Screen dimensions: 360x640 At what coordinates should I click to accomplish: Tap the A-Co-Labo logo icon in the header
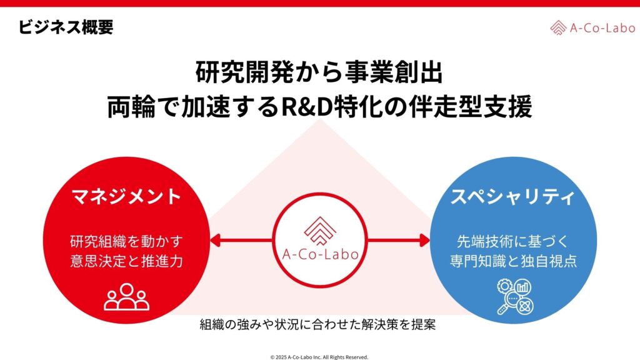click(558, 27)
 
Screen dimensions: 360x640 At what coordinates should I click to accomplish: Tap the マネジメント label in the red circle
click(127, 197)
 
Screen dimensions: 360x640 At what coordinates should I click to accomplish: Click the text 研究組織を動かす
click(127, 241)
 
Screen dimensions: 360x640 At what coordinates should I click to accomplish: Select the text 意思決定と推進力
click(127, 261)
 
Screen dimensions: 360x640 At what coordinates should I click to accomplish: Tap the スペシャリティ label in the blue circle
click(512, 197)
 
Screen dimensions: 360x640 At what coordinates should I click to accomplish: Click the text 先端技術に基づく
click(512, 241)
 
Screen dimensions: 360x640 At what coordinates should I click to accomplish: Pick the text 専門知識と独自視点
click(512, 261)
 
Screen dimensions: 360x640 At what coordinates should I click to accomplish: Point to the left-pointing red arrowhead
click(216, 240)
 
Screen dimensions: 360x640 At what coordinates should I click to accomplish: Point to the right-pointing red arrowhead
click(424, 240)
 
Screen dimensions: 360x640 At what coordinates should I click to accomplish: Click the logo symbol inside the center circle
click(320, 231)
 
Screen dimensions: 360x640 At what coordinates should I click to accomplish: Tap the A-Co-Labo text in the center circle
click(320, 255)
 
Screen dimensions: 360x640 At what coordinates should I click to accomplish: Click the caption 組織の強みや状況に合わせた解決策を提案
click(320, 325)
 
